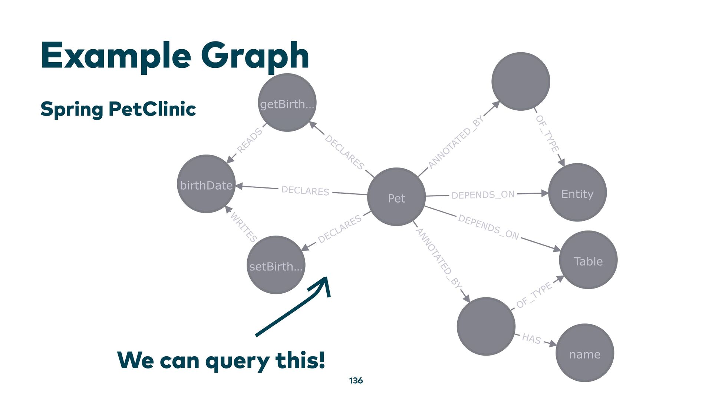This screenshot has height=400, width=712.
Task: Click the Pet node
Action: pos(396,197)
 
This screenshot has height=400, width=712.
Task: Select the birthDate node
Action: pos(206,184)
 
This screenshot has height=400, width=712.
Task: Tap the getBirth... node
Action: pos(287,103)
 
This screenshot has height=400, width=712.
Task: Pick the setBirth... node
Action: pos(276,265)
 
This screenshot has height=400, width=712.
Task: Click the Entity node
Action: pos(577,193)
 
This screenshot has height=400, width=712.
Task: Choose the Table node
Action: pos(588,260)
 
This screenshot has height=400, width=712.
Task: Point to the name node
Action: pos(585,353)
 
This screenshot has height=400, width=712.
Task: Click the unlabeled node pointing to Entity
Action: pos(521,81)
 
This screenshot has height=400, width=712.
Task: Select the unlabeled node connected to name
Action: pos(486,326)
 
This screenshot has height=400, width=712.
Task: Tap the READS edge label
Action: pos(249,141)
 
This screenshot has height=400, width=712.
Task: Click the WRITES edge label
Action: pos(244,227)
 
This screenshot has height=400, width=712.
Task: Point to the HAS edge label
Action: pos(531,338)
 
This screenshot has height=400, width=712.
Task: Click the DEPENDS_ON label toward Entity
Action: pos(483,195)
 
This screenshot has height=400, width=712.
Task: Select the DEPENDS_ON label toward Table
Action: pos(488,227)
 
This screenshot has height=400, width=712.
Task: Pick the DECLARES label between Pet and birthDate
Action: pos(305,191)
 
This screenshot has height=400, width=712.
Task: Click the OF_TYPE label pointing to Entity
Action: pos(547,133)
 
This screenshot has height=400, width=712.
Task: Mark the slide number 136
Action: pos(356,381)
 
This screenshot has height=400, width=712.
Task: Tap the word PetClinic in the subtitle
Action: pos(152,109)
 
